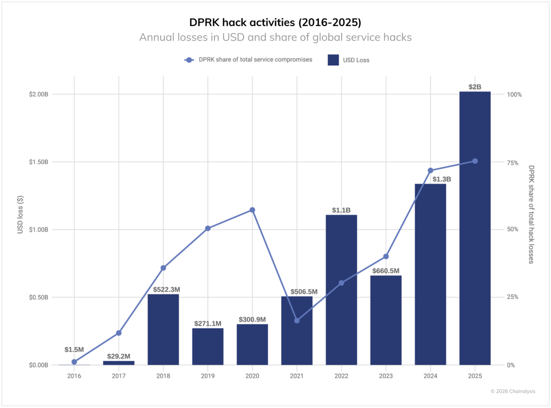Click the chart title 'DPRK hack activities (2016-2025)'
(275, 22)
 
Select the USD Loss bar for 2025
(475, 230)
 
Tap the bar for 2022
(341, 289)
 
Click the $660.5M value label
(386, 271)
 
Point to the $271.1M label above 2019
(208, 323)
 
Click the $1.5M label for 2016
(74, 350)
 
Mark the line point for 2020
(252, 210)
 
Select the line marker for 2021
(297, 320)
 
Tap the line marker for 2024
(430, 170)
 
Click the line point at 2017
(118, 333)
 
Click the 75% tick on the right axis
(512, 162)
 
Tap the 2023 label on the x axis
(386, 376)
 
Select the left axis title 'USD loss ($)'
(20, 215)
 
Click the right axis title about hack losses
(531, 215)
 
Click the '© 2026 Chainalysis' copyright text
(513, 391)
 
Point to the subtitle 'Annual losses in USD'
(275, 37)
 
